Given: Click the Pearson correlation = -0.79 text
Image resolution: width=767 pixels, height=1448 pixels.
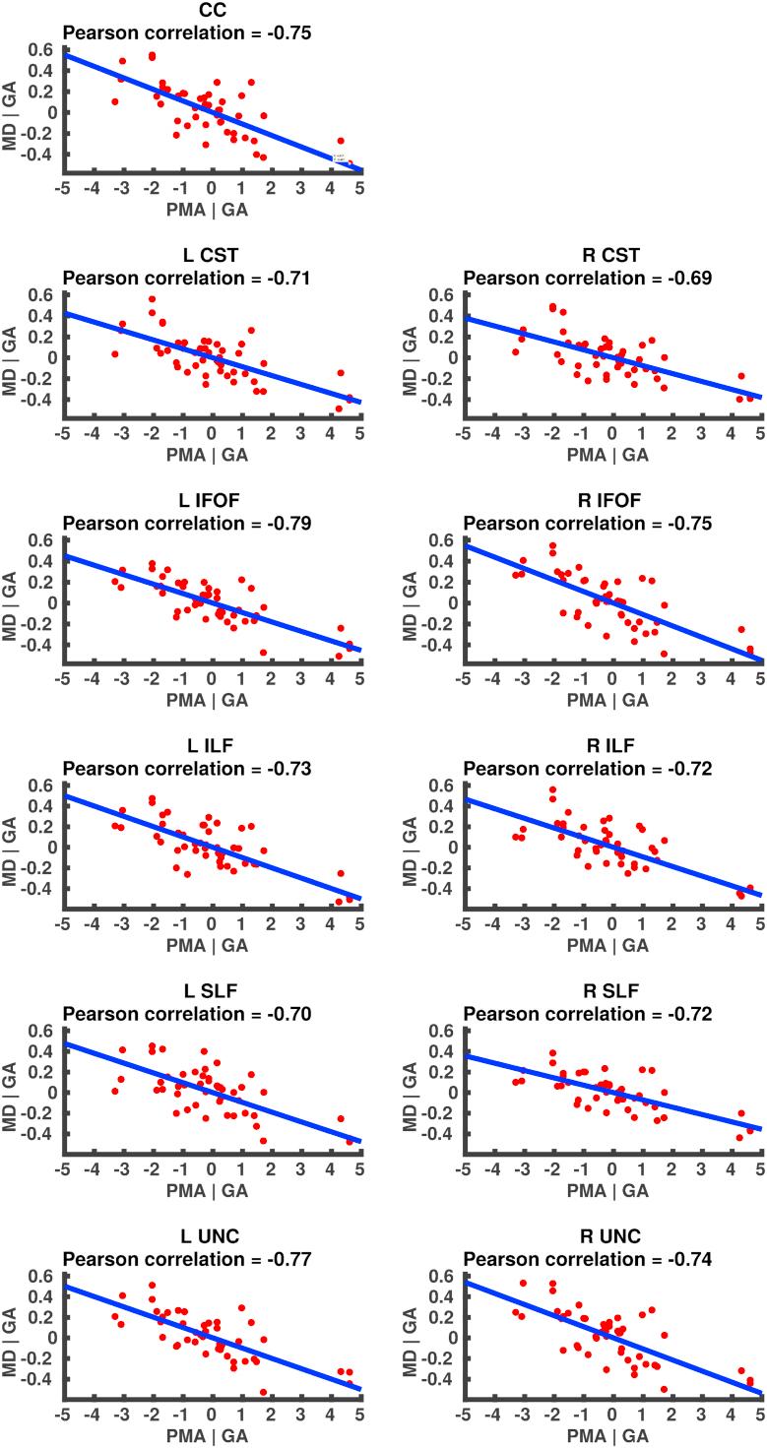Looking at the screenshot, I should coord(187,524).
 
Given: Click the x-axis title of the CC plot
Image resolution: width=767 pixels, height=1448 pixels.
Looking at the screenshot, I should coord(212,210).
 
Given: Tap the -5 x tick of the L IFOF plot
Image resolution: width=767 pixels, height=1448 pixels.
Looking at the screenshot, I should coord(62,678).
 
